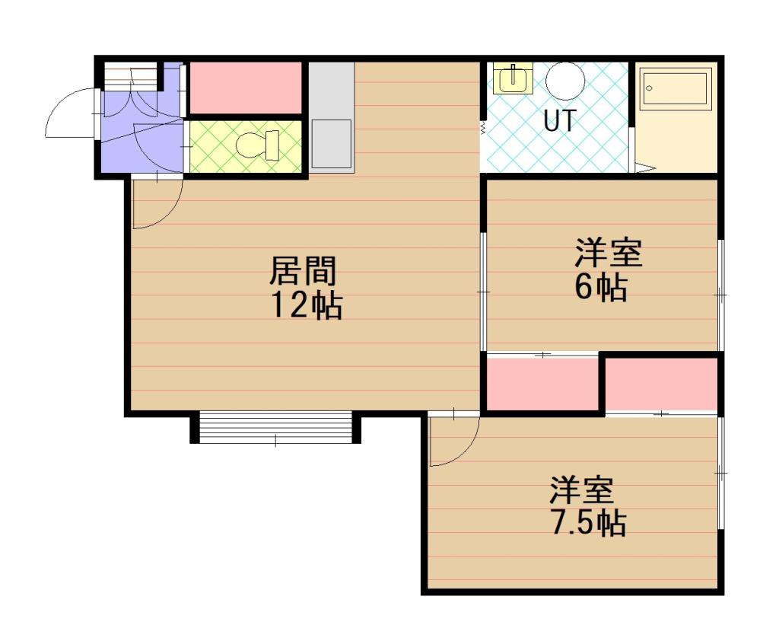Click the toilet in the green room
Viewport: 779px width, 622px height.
[256, 145]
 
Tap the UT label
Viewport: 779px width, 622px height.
[559, 121]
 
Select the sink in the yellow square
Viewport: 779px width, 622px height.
[514, 78]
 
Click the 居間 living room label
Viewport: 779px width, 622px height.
[304, 270]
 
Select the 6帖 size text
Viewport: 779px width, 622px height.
[601, 288]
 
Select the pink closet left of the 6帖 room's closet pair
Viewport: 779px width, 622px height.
[542, 384]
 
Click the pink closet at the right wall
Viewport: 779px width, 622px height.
[662, 385]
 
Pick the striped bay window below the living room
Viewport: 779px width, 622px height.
[275, 428]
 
